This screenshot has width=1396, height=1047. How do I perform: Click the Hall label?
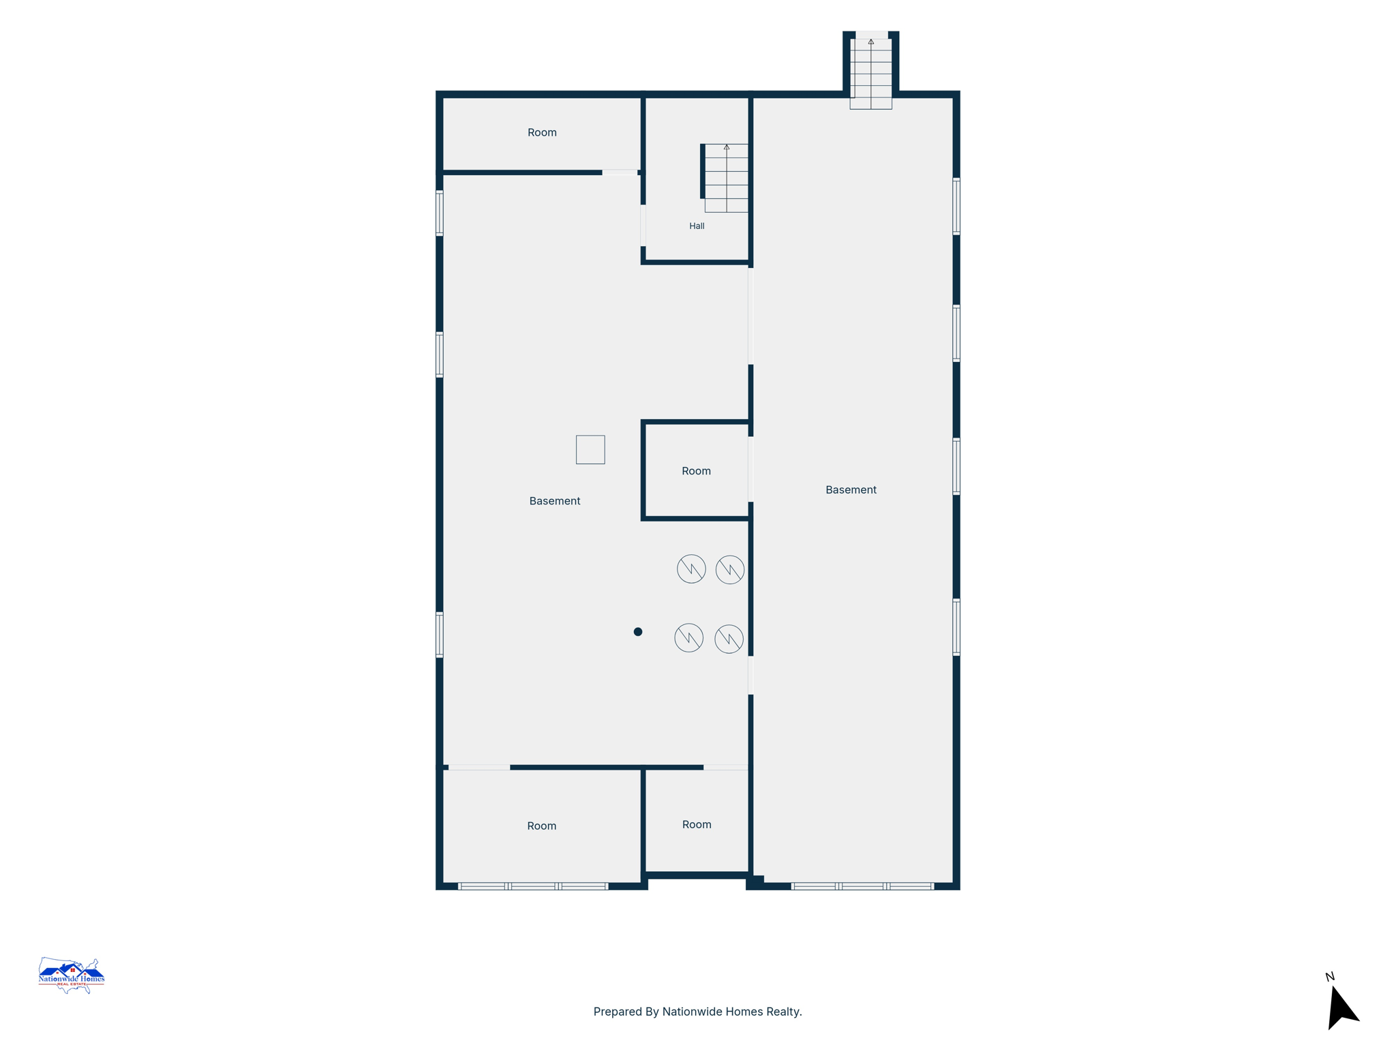tap(697, 226)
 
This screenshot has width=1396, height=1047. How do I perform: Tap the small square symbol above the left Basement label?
tap(590, 450)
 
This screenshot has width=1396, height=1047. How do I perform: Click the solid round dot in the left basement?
tap(638, 632)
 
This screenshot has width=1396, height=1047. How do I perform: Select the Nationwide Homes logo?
tap(72, 975)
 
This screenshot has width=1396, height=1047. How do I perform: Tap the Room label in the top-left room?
tap(542, 132)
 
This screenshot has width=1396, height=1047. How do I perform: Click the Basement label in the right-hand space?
tap(851, 489)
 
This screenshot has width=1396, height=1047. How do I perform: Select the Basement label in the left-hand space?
tap(555, 501)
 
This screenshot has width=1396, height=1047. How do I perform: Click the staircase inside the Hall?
tap(726, 178)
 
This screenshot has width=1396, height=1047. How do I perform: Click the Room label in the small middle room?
tap(696, 471)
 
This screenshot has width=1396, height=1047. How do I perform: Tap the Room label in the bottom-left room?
tap(542, 826)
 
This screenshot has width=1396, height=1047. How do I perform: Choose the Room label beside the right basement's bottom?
tap(697, 825)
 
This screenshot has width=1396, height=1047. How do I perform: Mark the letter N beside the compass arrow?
tap(1330, 977)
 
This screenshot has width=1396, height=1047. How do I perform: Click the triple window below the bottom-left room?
tap(533, 886)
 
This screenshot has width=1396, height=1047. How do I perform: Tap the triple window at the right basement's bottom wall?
tap(862, 886)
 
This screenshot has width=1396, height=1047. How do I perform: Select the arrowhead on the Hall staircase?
tap(727, 147)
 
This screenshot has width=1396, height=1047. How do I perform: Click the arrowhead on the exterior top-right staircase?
tap(871, 42)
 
